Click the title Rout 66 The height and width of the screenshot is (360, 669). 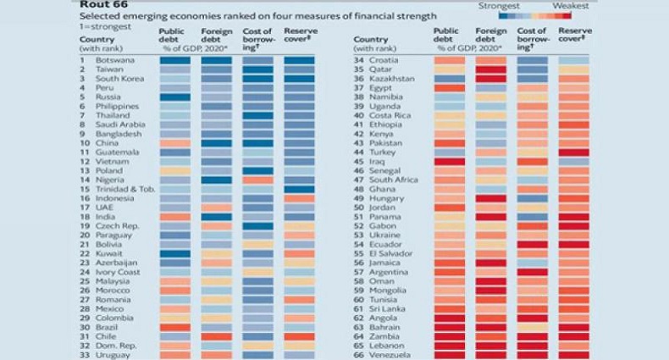(100, 4)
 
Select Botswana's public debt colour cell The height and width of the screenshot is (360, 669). (174, 60)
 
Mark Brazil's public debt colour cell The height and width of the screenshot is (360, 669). (174, 326)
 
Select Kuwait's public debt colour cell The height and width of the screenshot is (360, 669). (174, 252)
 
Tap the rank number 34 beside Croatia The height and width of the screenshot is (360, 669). (359, 60)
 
